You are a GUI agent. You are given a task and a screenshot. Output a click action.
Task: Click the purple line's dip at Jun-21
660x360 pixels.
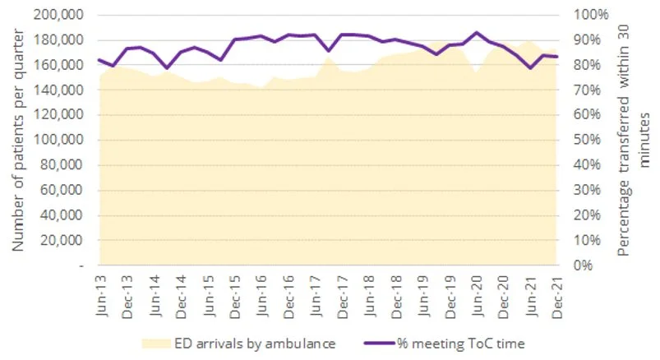(531, 67)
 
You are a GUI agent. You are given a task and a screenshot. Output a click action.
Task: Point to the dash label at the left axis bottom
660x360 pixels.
(81, 266)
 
